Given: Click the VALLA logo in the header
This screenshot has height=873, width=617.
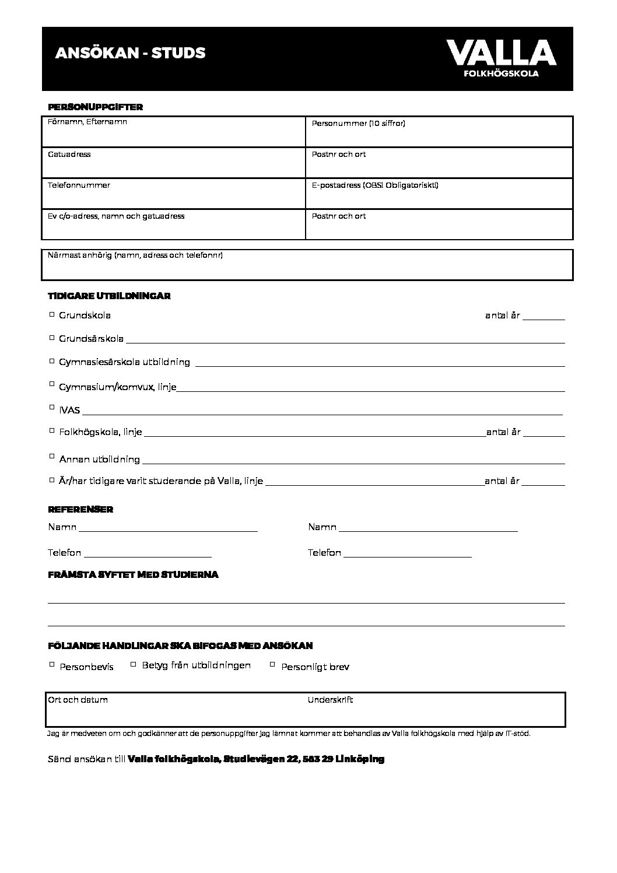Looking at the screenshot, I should tap(501, 58).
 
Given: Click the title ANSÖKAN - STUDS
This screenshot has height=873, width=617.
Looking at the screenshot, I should tap(130, 53).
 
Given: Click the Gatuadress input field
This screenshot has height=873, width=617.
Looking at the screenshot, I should tap(174, 164).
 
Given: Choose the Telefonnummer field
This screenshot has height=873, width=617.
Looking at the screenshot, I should tap(174, 195).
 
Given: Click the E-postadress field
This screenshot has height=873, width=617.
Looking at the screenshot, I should tap(439, 195).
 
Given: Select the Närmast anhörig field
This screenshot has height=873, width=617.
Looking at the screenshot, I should tap(307, 267).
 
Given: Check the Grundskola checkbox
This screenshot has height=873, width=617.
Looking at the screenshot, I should tap(52, 314).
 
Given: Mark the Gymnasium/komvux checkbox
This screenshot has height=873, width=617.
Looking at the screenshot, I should tap(52, 384).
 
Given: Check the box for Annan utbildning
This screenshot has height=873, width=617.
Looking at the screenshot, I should tap(52, 457).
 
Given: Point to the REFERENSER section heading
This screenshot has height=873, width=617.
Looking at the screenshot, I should tap(80, 510).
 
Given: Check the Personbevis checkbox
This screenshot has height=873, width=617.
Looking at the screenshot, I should tap(52, 664).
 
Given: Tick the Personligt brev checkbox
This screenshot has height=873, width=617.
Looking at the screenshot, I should tap(272, 664).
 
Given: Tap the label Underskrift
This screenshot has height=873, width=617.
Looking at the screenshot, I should tap(330, 700).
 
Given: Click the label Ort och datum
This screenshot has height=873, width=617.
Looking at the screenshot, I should tap(78, 700).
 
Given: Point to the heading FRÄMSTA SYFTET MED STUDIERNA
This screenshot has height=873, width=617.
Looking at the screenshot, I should tap(133, 575).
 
